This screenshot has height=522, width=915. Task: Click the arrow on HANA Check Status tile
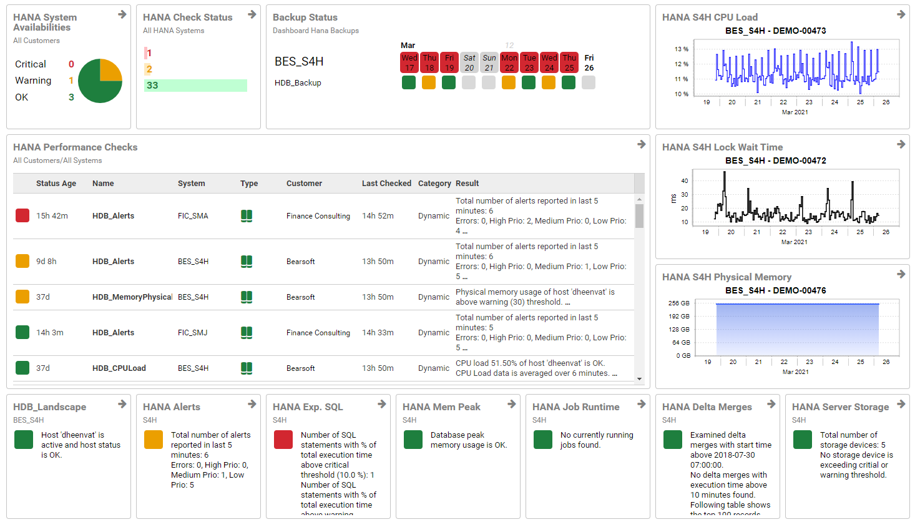(x=252, y=14)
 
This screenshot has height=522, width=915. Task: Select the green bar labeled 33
(x=195, y=86)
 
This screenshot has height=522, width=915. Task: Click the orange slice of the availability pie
(x=110, y=70)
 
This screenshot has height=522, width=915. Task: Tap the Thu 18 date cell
(x=429, y=62)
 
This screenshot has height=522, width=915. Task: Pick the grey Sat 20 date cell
(x=469, y=62)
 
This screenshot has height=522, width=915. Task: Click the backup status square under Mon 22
(x=509, y=82)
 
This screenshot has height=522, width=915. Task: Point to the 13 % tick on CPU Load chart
(x=681, y=49)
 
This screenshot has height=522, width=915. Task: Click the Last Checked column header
(x=386, y=184)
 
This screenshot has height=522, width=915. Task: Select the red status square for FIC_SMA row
(x=22, y=215)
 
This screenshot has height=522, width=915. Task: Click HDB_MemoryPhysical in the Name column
(x=132, y=297)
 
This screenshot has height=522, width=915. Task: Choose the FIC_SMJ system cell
(x=192, y=333)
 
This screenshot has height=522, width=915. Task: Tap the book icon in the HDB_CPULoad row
(x=247, y=368)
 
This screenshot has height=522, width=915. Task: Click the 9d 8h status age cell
(x=46, y=262)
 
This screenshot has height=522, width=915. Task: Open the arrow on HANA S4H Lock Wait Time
(x=901, y=144)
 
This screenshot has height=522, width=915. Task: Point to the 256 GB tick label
(x=679, y=303)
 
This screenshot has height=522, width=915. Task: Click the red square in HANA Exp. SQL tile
(x=283, y=440)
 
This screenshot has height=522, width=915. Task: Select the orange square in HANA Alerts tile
(x=154, y=440)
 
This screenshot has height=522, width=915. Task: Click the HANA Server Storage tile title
(x=840, y=407)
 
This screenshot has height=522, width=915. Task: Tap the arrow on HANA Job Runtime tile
(x=641, y=404)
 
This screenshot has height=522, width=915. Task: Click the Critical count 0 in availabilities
(x=71, y=64)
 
